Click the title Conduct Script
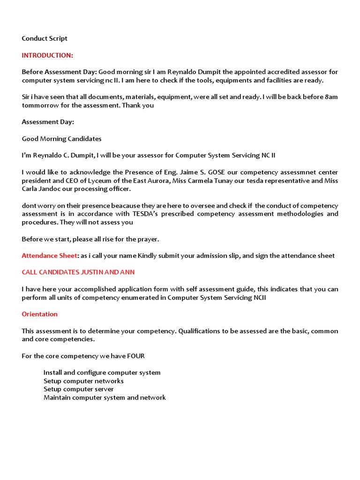click(45, 38)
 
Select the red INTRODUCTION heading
click(47, 55)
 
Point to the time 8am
click(331, 97)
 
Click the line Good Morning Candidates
click(61, 139)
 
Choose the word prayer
click(148, 239)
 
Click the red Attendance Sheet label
click(49, 255)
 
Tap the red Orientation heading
click(40, 314)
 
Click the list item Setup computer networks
click(83, 381)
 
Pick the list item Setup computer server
click(78, 389)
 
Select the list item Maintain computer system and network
click(105, 397)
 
